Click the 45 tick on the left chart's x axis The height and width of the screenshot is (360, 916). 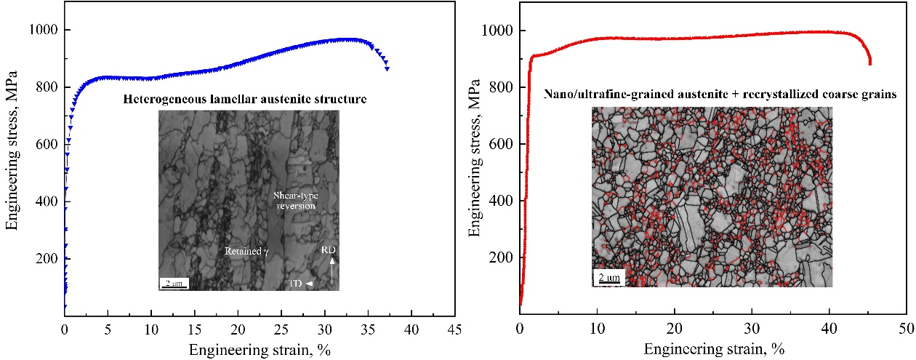454,328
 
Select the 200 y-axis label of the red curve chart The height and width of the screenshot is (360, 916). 500,258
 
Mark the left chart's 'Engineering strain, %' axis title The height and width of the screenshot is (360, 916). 260,350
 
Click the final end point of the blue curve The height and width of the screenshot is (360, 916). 387,68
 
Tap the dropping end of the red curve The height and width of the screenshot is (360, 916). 869,63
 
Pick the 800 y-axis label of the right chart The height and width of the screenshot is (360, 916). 500,87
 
